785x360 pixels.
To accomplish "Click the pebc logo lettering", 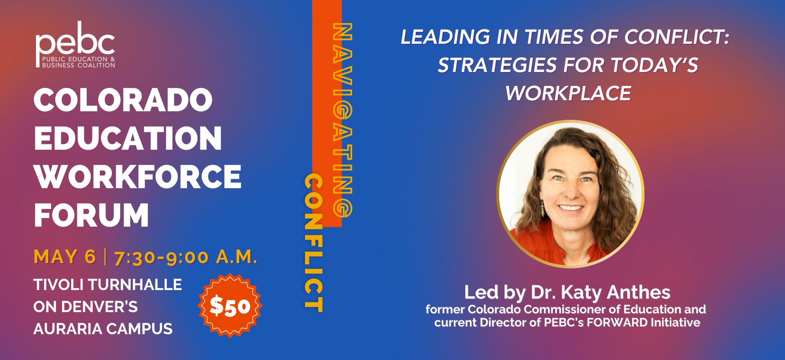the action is point(75,40).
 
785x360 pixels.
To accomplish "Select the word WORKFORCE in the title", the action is point(138,177).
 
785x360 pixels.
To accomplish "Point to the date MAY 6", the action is point(65,257).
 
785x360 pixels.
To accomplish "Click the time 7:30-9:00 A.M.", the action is point(186,257).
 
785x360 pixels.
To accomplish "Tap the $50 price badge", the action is point(230,306).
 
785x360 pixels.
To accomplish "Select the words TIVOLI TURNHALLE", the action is point(108,285).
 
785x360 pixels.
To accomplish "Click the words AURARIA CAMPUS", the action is point(103,329).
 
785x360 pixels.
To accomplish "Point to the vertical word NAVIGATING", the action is point(343,119).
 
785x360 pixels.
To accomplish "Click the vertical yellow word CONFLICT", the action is point(314,243).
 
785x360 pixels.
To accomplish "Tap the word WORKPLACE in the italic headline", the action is point(568,93).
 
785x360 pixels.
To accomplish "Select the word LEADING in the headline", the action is point(445,37).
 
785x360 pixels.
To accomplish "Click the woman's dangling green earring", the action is point(543,208).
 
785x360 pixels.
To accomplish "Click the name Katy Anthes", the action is point(616,292).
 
